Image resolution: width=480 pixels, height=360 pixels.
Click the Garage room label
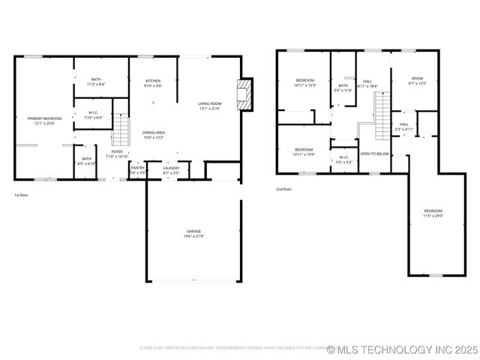193,233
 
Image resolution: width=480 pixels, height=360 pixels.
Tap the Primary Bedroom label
44,121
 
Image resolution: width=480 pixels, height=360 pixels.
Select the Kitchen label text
153,83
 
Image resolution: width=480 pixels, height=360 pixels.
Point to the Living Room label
209,106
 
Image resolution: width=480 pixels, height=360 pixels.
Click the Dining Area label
154,135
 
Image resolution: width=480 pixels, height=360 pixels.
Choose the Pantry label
138,170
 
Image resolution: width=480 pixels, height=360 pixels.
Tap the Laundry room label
171,170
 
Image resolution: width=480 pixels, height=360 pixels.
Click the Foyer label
118,154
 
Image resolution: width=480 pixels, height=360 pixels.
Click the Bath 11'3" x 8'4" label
96,82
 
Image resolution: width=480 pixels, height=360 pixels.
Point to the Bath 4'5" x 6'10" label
87,160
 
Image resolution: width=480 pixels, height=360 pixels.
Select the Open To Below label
374,154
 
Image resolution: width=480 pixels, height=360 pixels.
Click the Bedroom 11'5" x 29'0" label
433,213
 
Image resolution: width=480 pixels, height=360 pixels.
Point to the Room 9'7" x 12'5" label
417,81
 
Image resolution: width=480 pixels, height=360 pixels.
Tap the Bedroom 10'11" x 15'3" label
305,82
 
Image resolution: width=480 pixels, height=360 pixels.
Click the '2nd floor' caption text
283,189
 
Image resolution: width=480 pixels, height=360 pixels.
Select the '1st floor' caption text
21,195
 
